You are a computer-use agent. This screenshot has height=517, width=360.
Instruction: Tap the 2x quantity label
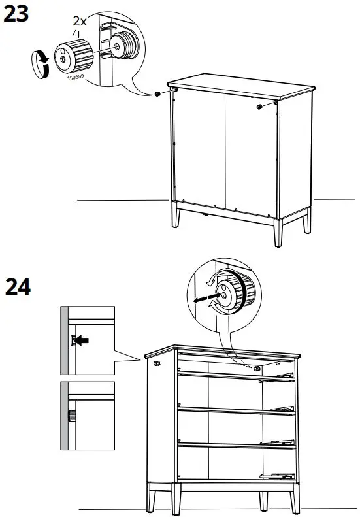[x=80, y=22]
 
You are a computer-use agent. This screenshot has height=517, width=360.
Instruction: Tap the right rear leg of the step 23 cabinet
[x=306, y=223]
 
